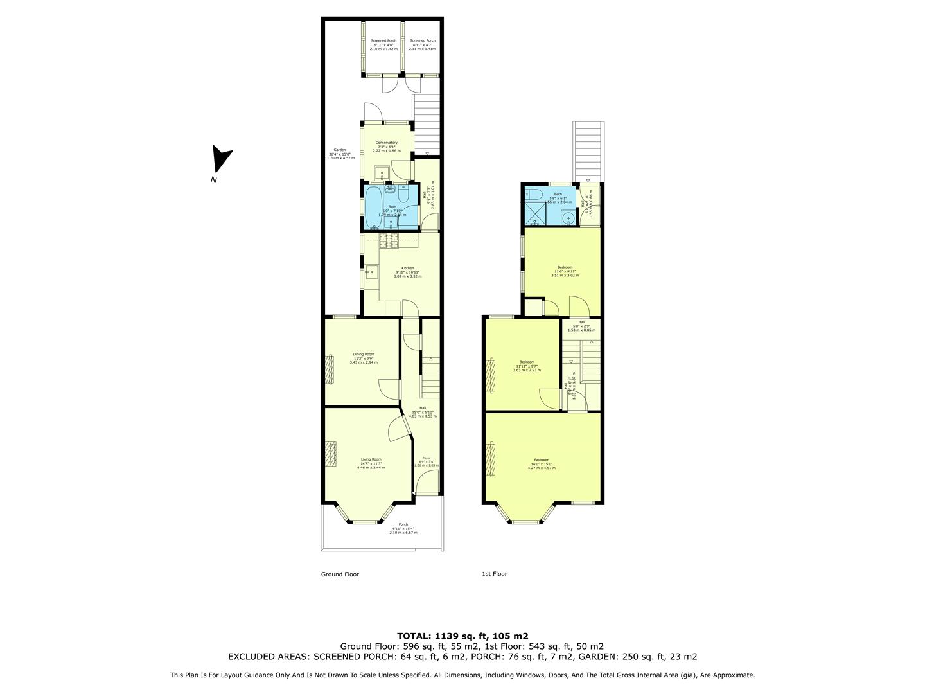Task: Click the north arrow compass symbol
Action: coord(222,158)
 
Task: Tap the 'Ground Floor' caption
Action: coord(340,574)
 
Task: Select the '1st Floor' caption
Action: coord(494,574)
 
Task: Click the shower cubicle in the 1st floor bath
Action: coord(536,211)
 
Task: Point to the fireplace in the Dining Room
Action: coord(330,369)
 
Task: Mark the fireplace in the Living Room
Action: coord(330,454)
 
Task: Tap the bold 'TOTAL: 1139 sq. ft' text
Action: coord(463,636)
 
